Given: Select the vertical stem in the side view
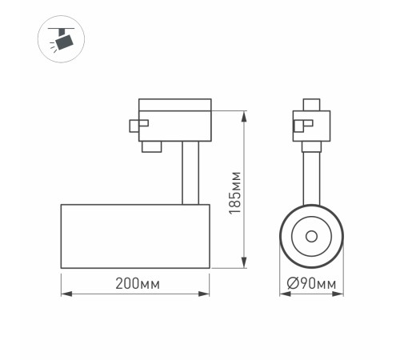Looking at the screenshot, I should (190, 172).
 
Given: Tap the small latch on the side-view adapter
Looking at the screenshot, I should (138, 124).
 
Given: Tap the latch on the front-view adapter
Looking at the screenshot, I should (298, 125).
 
